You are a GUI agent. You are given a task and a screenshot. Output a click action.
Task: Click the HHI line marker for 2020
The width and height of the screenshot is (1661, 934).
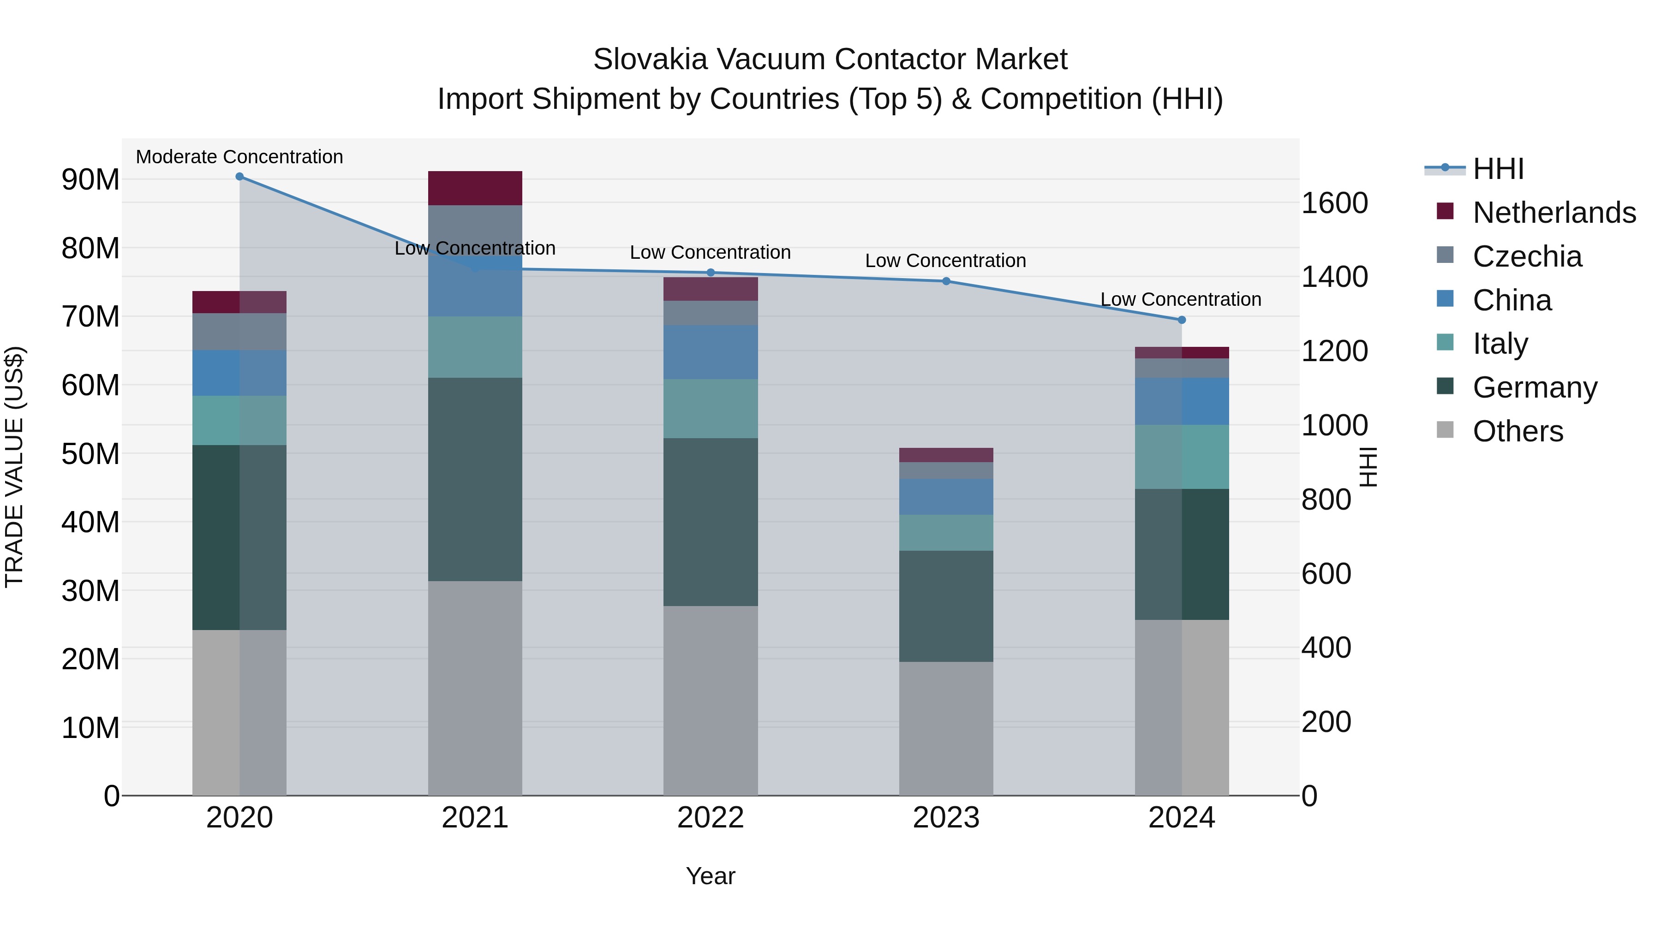click(239, 177)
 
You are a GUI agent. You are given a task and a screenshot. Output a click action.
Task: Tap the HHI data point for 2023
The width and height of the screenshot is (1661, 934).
click(946, 281)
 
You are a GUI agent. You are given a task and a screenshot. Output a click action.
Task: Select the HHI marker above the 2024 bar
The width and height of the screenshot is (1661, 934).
click(1181, 320)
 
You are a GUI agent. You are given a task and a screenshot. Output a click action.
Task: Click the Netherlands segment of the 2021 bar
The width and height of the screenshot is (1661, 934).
click(475, 188)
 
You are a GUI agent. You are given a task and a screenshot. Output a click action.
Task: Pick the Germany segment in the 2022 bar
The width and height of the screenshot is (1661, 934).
click(711, 522)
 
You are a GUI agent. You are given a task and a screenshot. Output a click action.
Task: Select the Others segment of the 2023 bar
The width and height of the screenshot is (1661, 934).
click(946, 728)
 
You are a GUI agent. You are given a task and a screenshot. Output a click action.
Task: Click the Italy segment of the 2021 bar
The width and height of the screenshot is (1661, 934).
click(475, 347)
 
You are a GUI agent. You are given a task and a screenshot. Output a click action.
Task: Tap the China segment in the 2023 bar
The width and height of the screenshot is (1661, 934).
click(946, 496)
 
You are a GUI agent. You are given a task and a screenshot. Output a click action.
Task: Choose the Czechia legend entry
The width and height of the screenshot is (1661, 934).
click(1527, 256)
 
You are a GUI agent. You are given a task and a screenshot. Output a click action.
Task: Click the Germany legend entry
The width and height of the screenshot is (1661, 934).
click(1535, 387)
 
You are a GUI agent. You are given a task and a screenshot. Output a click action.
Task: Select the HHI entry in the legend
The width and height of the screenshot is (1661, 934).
click(1498, 169)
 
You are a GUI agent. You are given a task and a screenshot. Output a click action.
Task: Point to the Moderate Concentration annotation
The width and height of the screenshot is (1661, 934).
click(239, 157)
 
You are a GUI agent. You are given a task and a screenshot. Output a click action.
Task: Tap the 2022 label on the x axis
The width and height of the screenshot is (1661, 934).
click(711, 818)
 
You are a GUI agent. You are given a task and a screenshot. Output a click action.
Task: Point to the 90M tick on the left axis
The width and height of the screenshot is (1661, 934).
click(90, 180)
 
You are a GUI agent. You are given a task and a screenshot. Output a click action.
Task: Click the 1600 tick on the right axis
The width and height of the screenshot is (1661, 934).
click(1334, 203)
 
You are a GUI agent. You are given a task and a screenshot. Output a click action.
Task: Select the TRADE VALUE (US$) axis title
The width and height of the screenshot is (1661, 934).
click(14, 467)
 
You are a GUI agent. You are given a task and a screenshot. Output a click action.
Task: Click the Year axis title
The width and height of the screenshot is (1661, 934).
click(710, 876)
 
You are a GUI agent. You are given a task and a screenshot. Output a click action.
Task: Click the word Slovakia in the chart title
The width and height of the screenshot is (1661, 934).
click(651, 59)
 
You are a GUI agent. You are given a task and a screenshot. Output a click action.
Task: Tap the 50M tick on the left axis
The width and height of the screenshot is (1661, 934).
click(90, 454)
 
